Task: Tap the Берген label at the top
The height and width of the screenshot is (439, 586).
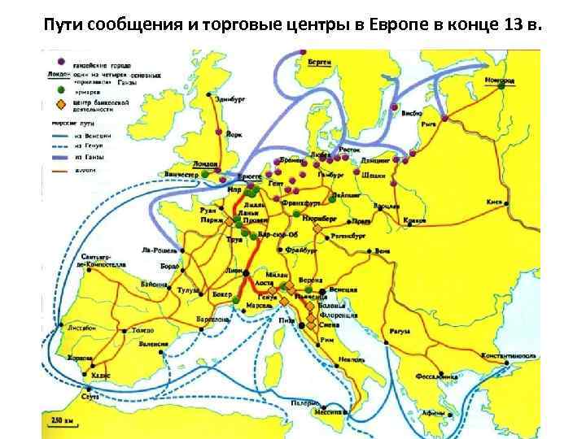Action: (x=320, y=63)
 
